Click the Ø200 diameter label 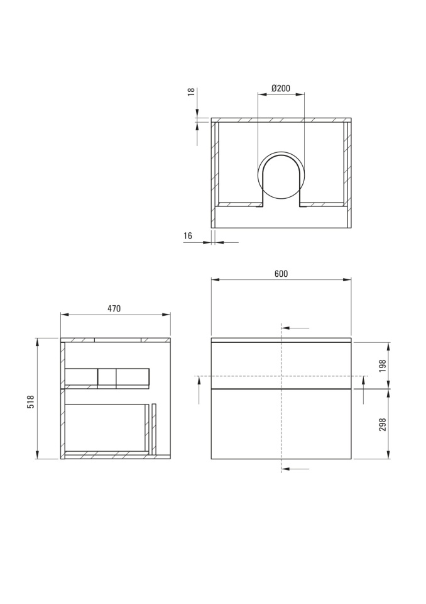pyautogui.click(x=281, y=88)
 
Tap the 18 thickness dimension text pyautogui.click(x=191, y=92)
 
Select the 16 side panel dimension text pyautogui.click(x=188, y=236)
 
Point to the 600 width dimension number pyautogui.click(x=281, y=274)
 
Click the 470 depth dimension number pyautogui.click(x=114, y=308)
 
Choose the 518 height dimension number pyautogui.click(x=31, y=402)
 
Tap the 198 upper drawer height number pyautogui.click(x=382, y=366)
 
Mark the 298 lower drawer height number pyautogui.click(x=382, y=425)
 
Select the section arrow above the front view pyautogui.click(x=295, y=328)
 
